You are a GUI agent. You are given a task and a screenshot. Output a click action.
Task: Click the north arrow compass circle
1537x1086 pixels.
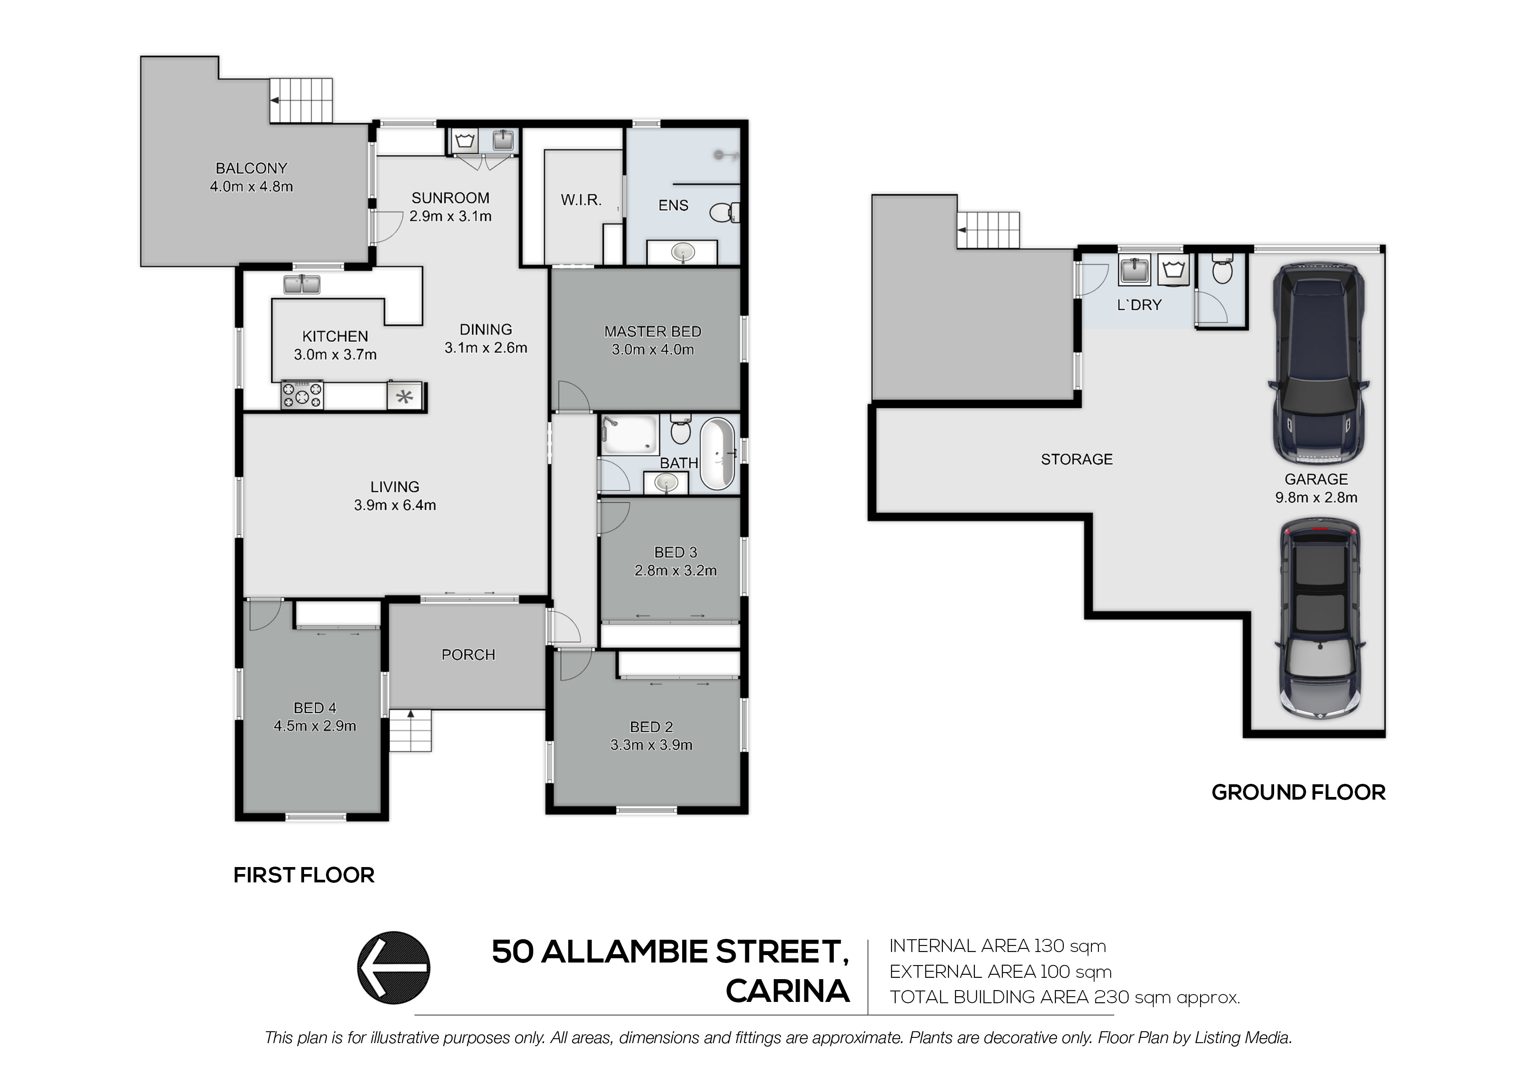[x=393, y=968]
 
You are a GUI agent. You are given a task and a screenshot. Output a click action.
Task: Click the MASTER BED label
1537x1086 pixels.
[x=653, y=332]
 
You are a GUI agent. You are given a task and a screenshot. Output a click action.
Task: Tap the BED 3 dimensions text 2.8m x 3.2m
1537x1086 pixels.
[x=676, y=571]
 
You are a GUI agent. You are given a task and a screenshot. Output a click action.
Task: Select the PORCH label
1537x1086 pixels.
[x=468, y=654]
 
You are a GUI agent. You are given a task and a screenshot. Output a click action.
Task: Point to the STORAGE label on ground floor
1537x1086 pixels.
[x=1077, y=459]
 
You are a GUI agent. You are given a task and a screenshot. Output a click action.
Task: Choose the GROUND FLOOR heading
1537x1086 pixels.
[x=1298, y=792]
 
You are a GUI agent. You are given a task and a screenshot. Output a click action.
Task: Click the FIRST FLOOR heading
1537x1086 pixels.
[x=304, y=875]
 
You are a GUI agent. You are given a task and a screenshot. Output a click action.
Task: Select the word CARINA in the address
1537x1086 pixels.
[x=788, y=991]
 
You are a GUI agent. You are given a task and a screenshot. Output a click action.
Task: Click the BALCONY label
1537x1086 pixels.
[x=251, y=169]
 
